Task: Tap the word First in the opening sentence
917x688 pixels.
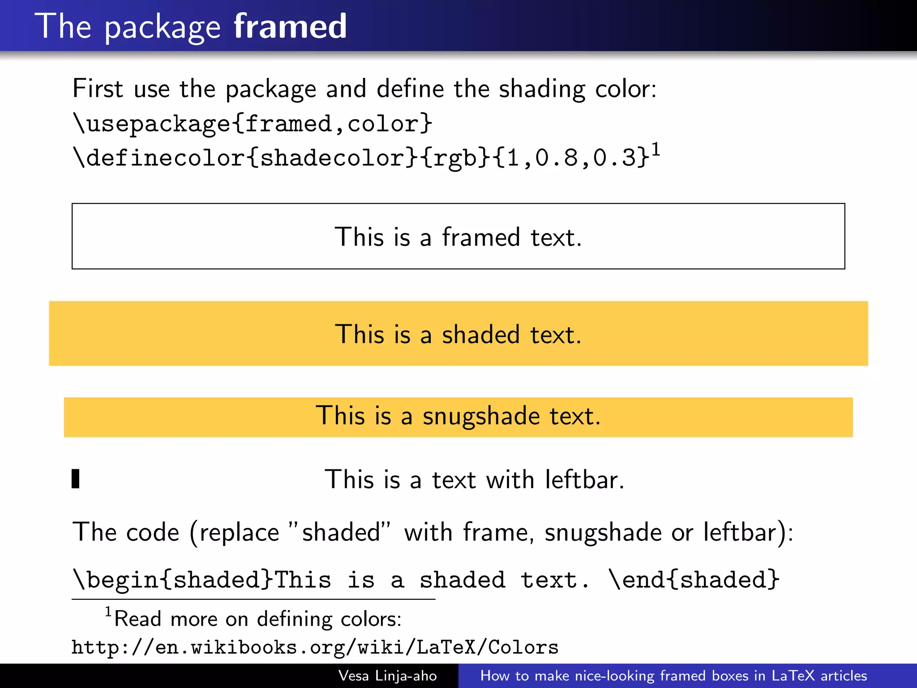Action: pyautogui.click(x=98, y=88)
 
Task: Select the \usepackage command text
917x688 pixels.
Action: pyautogui.click(x=151, y=123)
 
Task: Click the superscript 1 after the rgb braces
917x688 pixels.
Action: pyautogui.click(x=656, y=150)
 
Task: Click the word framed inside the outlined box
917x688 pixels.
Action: pyautogui.click(x=481, y=237)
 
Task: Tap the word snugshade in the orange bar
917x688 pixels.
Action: pyautogui.click(x=481, y=416)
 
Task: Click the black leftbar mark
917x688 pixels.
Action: pyautogui.click(x=76, y=479)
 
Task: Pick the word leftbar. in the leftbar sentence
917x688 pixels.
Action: pyautogui.click(x=584, y=480)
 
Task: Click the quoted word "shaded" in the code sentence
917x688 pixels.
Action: pyautogui.click(x=340, y=532)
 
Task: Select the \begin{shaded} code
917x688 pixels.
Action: pyautogui.click(x=173, y=580)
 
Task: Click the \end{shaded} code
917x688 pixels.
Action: pyautogui.click(x=694, y=580)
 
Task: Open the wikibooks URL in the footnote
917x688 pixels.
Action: pyautogui.click(x=315, y=647)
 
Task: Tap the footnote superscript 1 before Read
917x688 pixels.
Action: pyautogui.click(x=108, y=611)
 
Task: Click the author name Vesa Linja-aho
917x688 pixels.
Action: pyautogui.click(x=387, y=675)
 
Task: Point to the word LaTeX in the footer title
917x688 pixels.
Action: pyautogui.click(x=793, y=675)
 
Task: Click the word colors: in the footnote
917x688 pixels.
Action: pyautogui.click(x=371, y=619)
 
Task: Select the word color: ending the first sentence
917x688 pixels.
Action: pyautogui.click(x=626, y=88)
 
